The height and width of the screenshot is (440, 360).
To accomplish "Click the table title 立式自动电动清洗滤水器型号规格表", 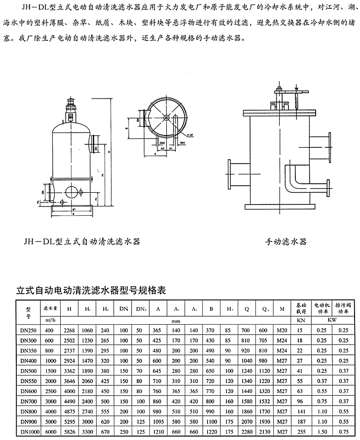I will (91, 291).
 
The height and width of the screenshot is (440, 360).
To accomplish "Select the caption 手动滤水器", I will (286, 241).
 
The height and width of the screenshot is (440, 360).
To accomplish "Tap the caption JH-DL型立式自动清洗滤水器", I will (81, 241).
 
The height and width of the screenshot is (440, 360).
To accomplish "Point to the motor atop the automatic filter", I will (70, 107).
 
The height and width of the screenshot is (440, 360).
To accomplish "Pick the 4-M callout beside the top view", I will (190, 134).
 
